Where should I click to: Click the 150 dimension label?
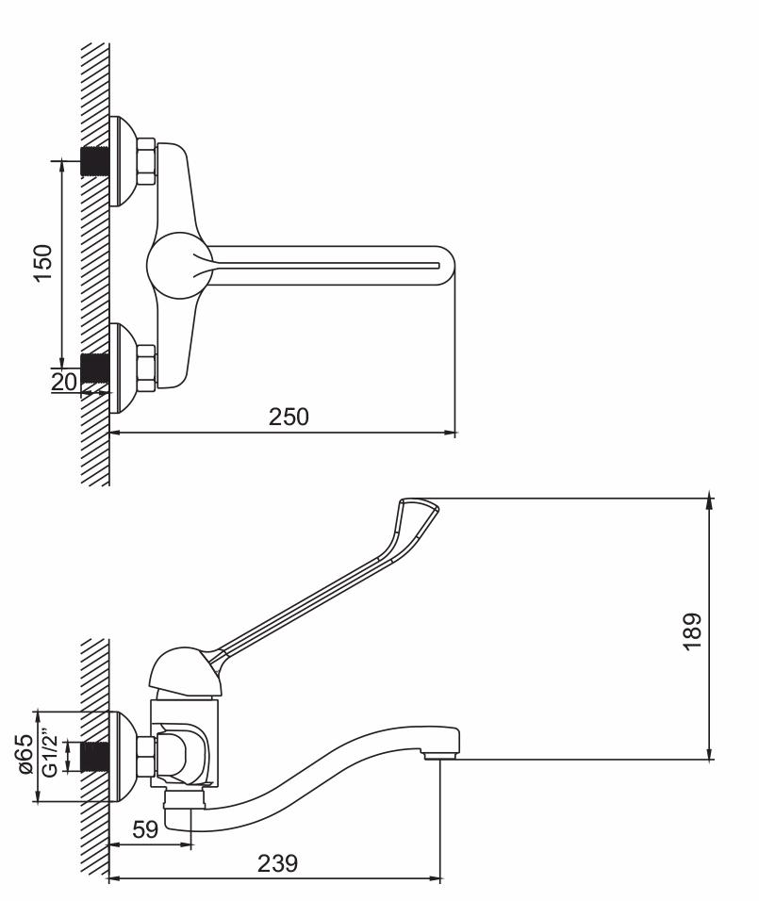(x=43, y=263)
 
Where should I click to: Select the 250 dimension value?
(x=289, y=417)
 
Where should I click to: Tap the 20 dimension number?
(x=64, y=382)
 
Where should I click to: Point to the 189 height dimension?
(x=692, y=631)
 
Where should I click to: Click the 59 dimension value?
(x=145, y=829)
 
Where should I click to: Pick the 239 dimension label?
(x=278, y=863)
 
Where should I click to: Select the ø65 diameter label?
(x=25, y=754)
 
